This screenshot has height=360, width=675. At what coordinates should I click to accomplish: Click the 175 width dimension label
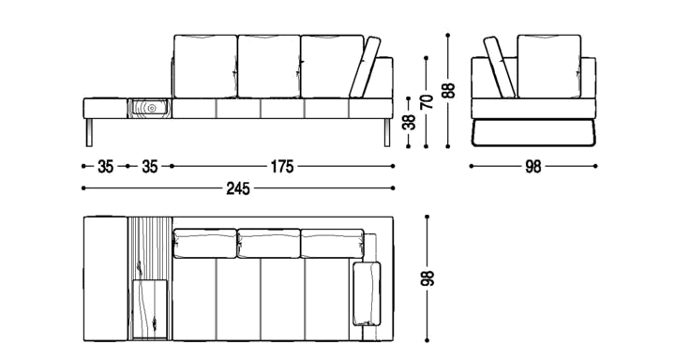(282, 166)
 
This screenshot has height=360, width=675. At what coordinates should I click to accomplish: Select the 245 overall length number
(238, 188)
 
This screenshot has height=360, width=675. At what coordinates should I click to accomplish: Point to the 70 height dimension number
(427, 100)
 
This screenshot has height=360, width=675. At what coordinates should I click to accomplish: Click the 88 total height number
(449, 90)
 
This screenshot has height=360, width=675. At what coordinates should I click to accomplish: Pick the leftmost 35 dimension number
(105, 166)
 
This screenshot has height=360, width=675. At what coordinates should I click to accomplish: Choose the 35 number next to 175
(150, 166)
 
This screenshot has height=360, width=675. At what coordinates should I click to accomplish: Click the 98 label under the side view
(532, 167)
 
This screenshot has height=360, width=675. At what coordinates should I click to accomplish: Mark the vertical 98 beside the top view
(427, 278)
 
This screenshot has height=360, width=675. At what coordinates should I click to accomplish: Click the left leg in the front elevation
(89, 132)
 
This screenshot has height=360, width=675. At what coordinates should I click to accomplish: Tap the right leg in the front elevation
(387, 132)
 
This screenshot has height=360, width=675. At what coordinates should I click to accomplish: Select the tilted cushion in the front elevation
(365, 67)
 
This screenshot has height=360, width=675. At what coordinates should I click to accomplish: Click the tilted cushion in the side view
(500, 67)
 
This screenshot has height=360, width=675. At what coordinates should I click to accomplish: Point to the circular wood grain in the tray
(151, 108)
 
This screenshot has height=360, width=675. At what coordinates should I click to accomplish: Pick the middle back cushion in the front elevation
(269, 67)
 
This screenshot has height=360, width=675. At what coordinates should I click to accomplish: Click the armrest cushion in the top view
(367, 293)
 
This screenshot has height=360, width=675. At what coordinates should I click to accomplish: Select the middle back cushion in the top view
(269, 244)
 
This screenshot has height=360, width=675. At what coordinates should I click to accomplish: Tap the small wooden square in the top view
(150, 308)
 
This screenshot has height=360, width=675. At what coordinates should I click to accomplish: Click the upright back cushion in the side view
(549, 67)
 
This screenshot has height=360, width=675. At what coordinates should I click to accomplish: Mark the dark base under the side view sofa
(533, 132)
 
